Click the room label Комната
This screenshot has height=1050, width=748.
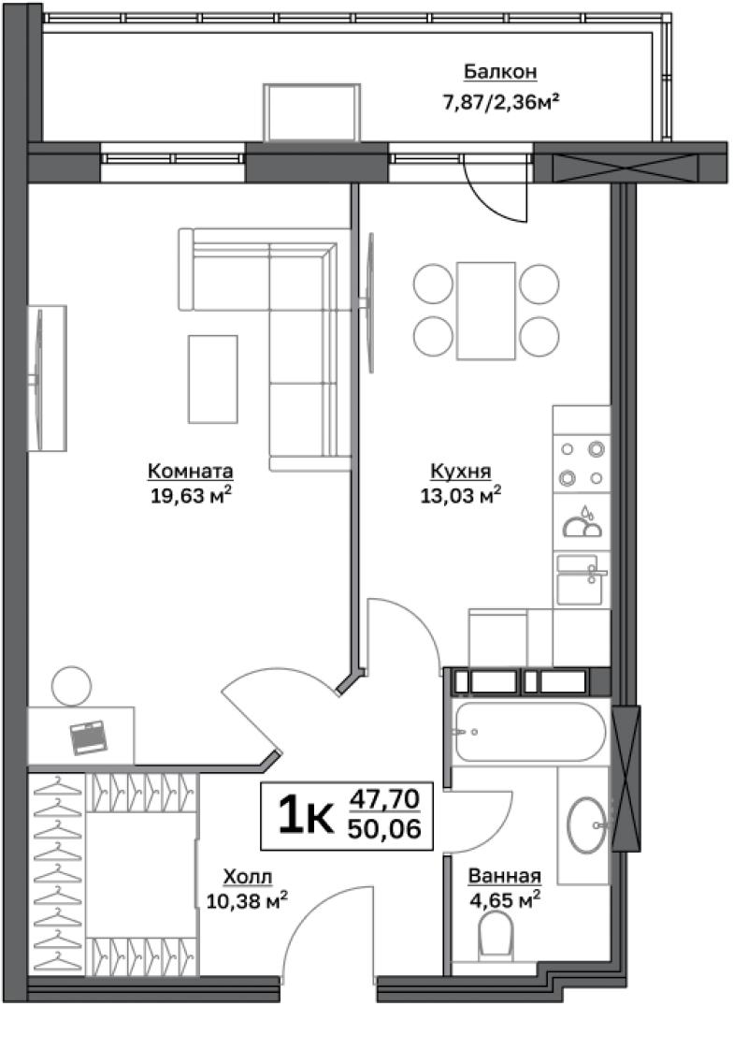(x=190, y=472)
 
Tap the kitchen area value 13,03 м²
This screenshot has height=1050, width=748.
(x=460, y=496)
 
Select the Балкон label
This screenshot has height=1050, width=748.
(x=500, y=71)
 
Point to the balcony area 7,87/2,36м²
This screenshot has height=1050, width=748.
(x=500, y=102)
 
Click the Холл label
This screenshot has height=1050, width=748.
(x=248, y=877)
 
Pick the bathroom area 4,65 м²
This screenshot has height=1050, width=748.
(x=505, y=900)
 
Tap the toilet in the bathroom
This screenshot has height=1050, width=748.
(x=496, y=935)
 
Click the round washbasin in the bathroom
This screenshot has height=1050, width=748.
(x=587, y=824)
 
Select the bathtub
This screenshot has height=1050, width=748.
(x=529, y=731)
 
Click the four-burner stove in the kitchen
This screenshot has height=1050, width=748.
(x=582, y=462)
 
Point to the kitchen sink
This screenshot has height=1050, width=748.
(x=581, y=579)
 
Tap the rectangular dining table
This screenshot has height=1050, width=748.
(x=485, y=311)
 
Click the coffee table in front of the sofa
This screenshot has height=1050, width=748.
(x=213, y=379)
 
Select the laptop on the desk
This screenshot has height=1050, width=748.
(x=89, y=737)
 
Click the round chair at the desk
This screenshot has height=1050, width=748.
(x=72, y=686)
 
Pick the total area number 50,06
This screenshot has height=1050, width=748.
(x=384, y=830)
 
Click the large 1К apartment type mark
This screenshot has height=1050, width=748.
(x=306, y=815)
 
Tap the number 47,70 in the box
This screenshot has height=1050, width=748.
(x=384, y=798)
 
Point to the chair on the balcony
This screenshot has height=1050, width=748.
(x=311, y=112)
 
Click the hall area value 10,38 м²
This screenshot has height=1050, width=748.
(x=247, y=900)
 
